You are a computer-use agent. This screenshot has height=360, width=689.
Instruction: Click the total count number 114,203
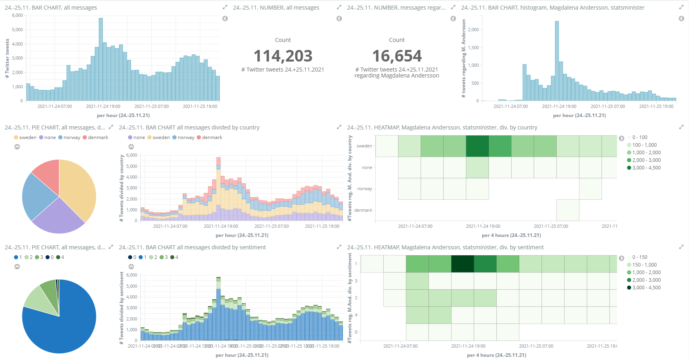[x=283, y=56]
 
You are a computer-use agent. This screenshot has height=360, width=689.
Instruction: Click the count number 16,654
[x=396, y=56]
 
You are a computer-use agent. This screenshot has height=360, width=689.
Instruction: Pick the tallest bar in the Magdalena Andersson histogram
[x=557, y=61]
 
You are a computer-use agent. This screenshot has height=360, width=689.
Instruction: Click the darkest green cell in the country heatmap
[x=477, y=146]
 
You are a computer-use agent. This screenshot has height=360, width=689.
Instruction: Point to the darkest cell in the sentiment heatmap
[x=462, y=264]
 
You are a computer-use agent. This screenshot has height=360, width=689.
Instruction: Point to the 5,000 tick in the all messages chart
[x=18, y=30]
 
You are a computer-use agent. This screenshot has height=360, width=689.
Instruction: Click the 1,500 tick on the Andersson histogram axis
[x=474, y=48]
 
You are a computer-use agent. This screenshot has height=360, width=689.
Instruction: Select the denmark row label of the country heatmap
[x=363, y=210]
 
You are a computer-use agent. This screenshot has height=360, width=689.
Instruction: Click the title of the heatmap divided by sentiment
[x=445, y=247]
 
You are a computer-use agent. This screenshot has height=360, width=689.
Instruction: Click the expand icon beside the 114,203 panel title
[x=339, y=7]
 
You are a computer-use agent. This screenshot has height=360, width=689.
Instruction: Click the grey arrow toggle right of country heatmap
[x=621, y=138]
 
